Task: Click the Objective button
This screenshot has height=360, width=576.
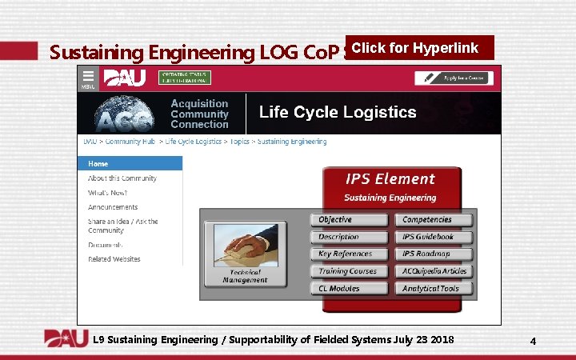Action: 350,220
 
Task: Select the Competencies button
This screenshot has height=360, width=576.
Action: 433,220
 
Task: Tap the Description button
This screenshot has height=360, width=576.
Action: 350,237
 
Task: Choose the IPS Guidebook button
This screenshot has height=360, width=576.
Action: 433,237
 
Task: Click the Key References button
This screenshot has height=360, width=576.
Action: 350,254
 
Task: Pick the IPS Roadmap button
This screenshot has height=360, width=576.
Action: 433,254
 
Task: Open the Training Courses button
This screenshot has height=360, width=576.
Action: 350,271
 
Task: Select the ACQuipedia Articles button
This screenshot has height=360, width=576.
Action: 433,271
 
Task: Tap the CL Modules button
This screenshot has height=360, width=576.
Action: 350,288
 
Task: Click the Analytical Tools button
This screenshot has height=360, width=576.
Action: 433,288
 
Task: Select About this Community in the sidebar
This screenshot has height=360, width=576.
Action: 122,178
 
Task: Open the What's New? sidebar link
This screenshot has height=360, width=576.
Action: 107,193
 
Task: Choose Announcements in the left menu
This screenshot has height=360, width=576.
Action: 113,207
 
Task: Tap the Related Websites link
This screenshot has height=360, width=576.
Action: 114,259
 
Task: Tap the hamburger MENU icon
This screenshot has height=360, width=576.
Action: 86,78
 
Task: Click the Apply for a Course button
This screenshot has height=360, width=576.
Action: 453,78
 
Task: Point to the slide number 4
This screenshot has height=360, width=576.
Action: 533,342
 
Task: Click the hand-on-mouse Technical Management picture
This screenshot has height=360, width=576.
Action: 245,250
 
